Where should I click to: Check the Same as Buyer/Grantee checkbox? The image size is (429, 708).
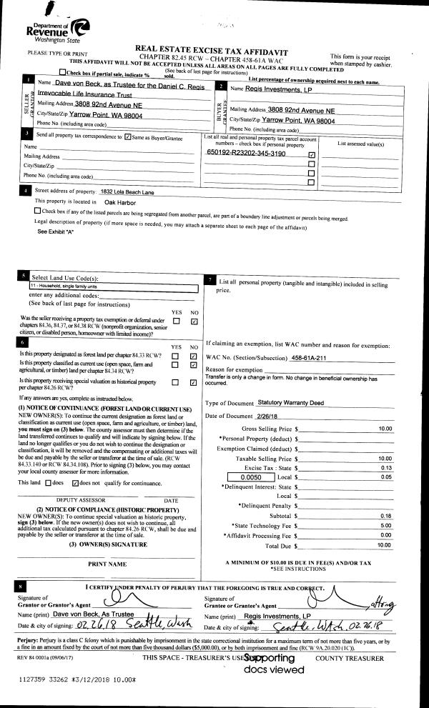coord(128,136)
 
